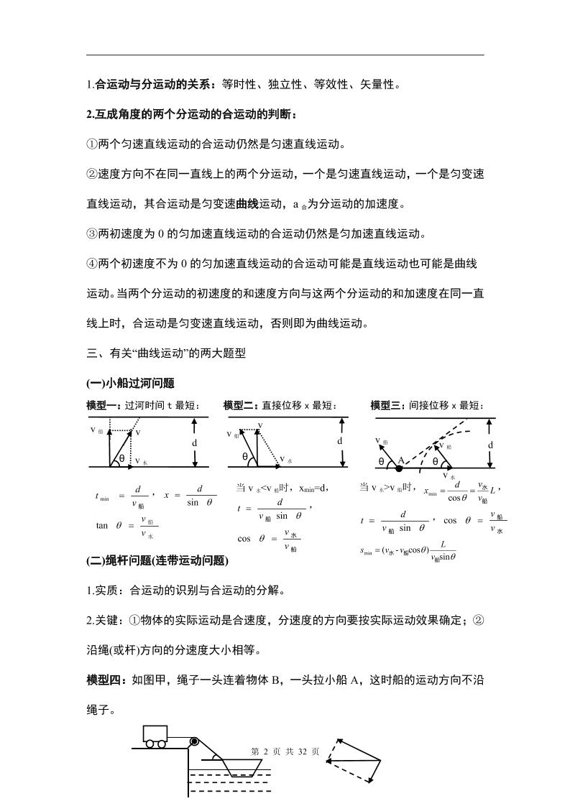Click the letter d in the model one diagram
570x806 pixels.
tap(194, 443)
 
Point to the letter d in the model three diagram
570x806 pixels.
tap(491, 445)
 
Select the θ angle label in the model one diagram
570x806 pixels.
tap(121, 458)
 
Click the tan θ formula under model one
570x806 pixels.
tap(126, 526)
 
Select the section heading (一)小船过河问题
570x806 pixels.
tap(131, 384)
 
